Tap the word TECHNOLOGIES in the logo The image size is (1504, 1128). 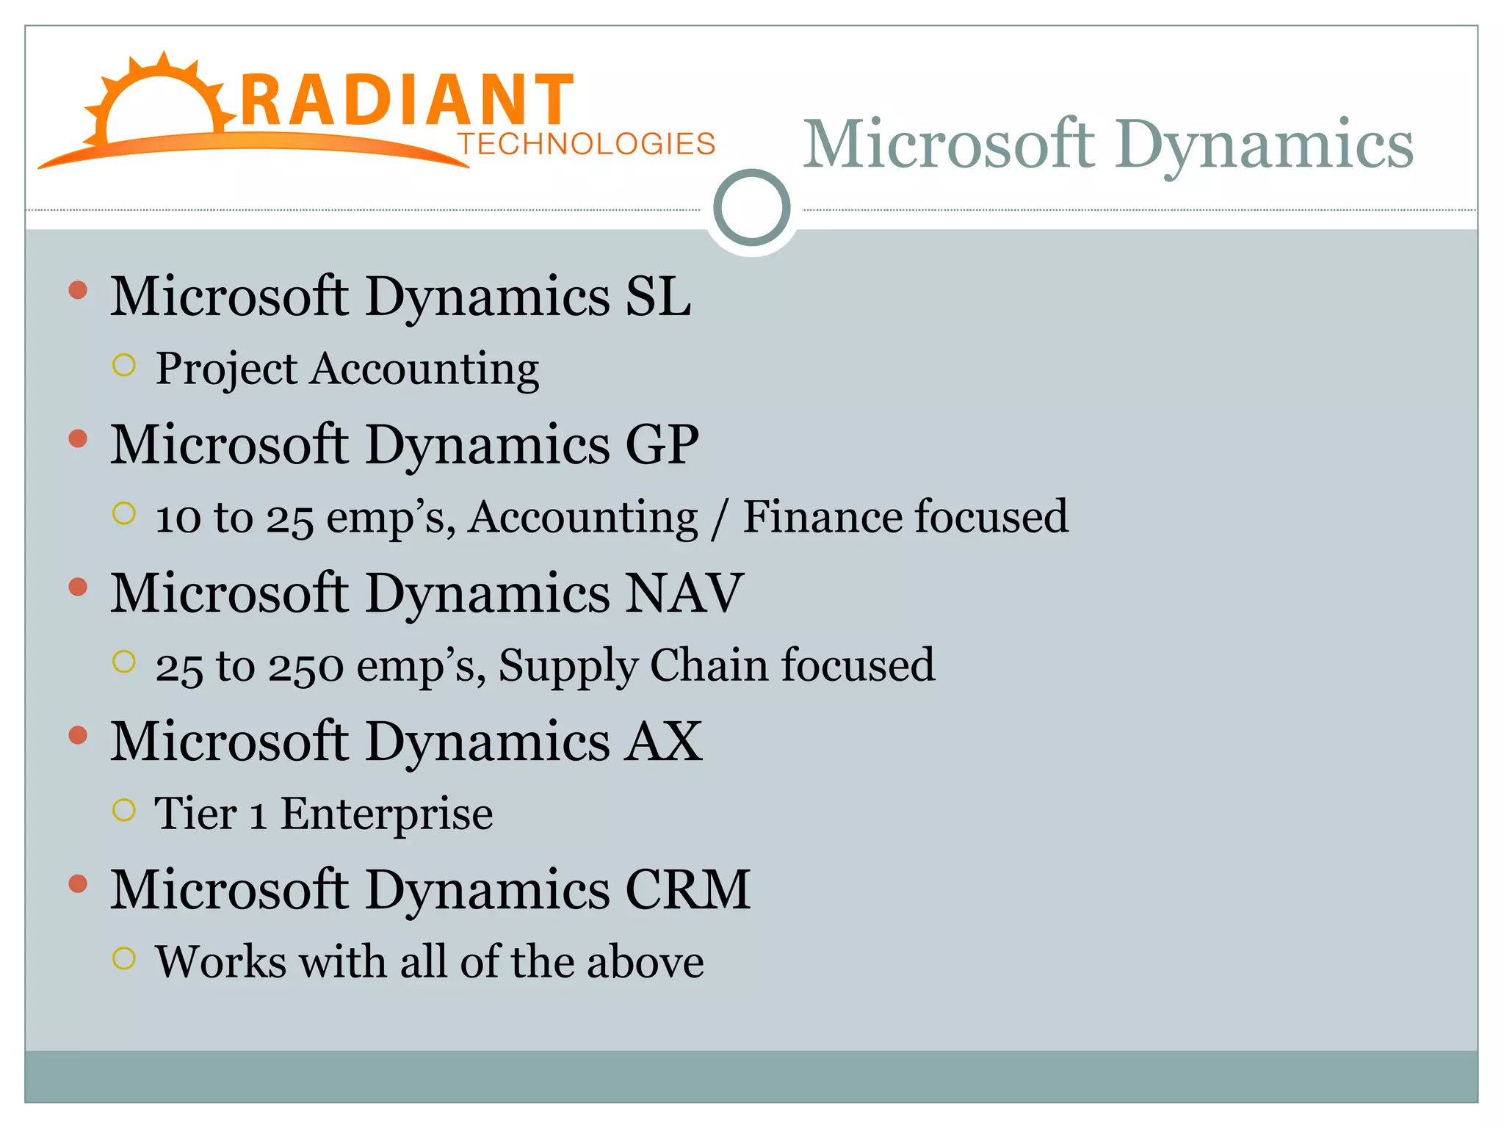coord(586,144)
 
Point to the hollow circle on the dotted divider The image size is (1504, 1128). coord(751,208)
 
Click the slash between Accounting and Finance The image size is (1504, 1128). coord(720,518)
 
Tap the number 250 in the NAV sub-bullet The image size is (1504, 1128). coord(305,666)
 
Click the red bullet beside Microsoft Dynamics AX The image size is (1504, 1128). coord(78,735)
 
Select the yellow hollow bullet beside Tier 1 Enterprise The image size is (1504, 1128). coord(124,810)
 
